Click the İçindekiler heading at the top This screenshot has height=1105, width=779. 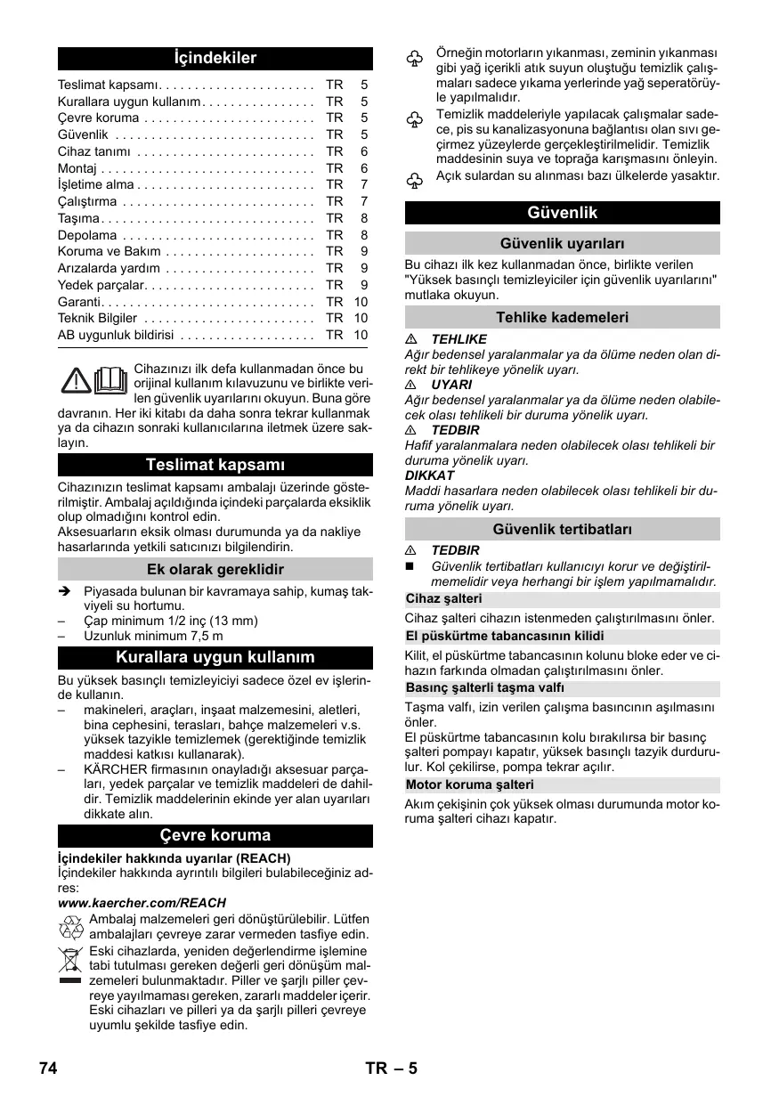point(215,59)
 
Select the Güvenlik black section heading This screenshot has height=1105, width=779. point(562,213)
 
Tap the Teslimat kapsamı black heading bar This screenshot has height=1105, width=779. point(215,465)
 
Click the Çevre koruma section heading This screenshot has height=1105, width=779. point(215,835)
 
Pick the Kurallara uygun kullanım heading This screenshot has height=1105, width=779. point(215,658)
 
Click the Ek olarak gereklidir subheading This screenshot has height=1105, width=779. point(215,569)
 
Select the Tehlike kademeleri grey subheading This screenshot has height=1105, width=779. point(562,317)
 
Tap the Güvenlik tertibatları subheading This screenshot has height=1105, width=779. point(562,529)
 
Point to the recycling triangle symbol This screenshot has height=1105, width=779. point(70,928)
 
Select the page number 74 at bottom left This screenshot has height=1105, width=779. point(48,1068)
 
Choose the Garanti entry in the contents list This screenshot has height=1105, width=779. point(81,302)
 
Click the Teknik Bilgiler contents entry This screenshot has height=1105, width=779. point(97,318)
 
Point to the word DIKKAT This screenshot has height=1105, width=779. point(429,475)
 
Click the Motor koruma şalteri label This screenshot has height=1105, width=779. point(470,784)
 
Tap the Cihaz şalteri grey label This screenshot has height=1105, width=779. point(444,598)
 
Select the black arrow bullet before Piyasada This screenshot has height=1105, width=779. point(64,590)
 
